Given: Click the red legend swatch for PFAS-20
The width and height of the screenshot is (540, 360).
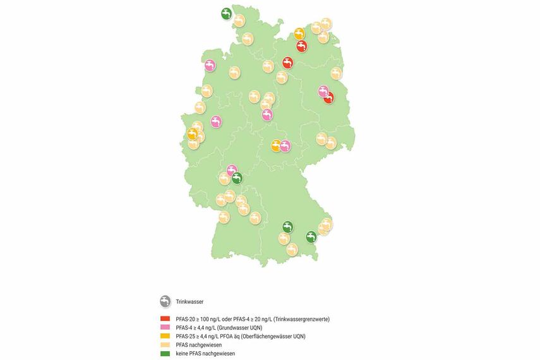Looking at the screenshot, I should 165,319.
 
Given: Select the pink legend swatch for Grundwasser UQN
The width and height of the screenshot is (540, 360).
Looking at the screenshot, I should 165,328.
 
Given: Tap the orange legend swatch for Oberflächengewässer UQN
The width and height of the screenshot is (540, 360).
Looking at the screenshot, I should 165,337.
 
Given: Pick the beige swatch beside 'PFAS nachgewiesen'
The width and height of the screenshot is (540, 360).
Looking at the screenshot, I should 165,345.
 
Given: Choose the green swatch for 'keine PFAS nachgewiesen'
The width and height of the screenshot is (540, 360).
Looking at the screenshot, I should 165,354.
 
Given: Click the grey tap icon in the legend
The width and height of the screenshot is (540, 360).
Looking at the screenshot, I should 165,301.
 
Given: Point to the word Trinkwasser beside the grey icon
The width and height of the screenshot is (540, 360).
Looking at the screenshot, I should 189,302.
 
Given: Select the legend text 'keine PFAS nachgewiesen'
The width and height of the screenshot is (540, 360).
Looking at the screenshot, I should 205,354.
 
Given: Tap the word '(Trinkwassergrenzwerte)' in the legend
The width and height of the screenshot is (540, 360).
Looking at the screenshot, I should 298,319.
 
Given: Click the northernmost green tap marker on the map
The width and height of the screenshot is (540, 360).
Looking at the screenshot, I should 226,13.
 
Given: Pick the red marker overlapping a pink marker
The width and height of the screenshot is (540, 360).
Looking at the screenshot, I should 329,97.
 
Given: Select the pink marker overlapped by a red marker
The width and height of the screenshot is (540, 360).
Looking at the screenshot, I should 323,92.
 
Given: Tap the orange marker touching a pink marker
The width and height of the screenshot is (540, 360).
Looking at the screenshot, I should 276,145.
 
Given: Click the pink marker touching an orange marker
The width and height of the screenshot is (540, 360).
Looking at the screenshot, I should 285,146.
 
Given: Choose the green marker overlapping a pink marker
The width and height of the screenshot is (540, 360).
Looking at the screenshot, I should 237,177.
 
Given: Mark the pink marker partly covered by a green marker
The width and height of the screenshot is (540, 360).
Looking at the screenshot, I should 231,171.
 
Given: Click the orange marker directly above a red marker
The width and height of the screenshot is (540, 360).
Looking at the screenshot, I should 299,33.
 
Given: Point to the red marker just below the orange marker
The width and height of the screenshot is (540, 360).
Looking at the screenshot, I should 301,46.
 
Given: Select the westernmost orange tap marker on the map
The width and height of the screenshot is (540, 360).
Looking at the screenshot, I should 192,133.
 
